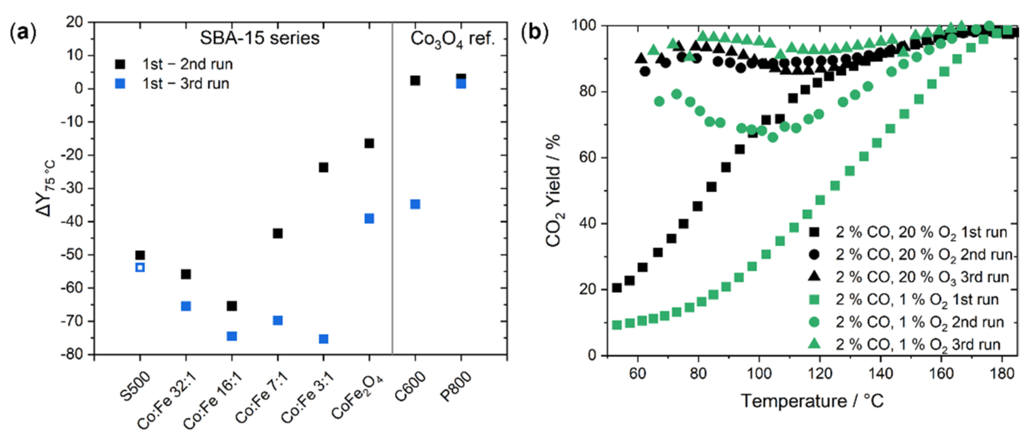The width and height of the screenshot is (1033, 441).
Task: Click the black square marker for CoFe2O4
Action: tap(369, 143)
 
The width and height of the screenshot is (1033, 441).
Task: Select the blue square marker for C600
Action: tap(415, 204)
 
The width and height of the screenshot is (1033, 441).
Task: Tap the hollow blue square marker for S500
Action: tap(140, 267)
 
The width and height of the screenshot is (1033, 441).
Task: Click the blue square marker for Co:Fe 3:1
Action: tap(323, 339)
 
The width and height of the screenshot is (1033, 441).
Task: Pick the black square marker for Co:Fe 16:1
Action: tap(232, 306)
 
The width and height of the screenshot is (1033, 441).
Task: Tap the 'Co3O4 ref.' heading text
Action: tap(452, 39)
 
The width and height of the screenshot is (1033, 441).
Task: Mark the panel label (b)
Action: tap(534, 32)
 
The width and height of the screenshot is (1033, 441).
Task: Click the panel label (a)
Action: tap(23, 32)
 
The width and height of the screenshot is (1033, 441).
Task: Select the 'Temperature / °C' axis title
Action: tap(812, 401)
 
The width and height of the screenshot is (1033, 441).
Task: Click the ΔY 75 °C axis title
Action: tap(47, 188)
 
